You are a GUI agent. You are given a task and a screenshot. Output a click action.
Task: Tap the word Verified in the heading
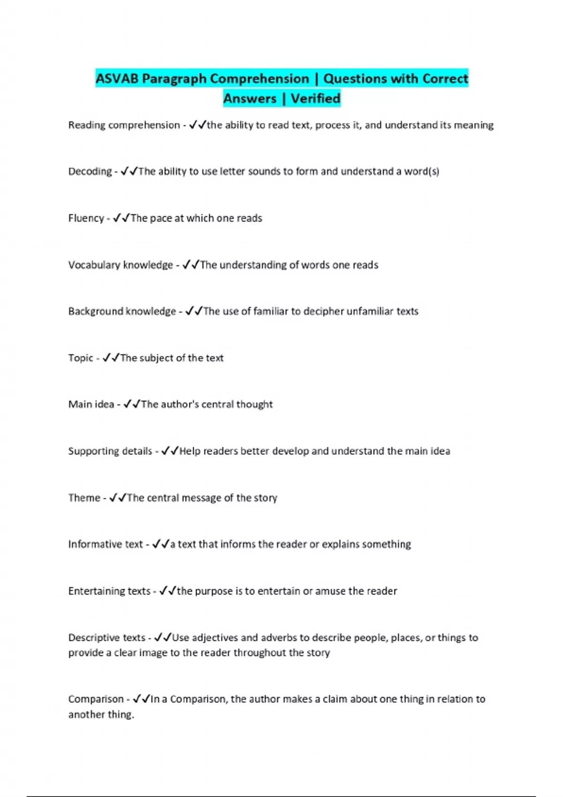tap(315, 98)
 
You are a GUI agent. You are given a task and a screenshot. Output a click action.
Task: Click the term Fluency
tap(86, 218)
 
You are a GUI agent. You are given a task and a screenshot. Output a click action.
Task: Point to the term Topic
tap(81, 358)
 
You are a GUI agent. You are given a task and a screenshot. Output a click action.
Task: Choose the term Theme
tap(84, 498)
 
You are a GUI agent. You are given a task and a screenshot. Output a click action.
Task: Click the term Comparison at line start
tap(96, 699)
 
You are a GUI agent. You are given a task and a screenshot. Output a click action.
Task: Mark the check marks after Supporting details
tap(170, 451)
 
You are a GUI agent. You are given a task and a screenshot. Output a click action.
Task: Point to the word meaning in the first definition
tap(474, 125)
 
